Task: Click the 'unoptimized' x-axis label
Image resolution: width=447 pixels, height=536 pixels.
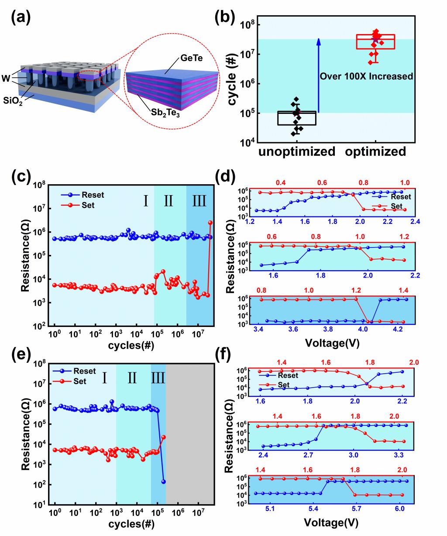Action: pyautogui.click(x=296, y=152)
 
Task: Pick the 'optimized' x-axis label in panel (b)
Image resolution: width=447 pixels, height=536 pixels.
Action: pyautogui.click(x=375, y=152)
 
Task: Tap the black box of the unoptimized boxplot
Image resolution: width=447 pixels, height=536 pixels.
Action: pyautogui.click(x=297, y=118)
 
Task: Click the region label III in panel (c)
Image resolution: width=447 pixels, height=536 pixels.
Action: pyautogui.click(x=199, y=201)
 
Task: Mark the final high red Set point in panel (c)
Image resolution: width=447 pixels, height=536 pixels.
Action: pyautogui.click(x=210, y=223)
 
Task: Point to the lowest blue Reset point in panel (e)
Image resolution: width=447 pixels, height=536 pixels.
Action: pyautogui.click(x=164, y=481)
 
